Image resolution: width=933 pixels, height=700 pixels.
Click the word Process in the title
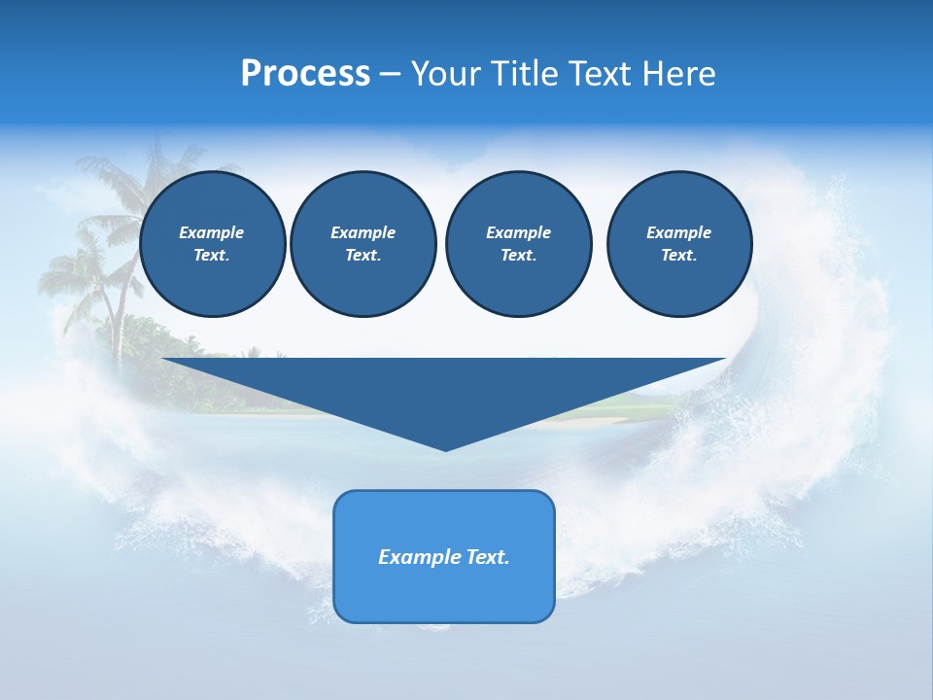tap(305, 74)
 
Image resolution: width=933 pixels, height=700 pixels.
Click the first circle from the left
tap(212, 244)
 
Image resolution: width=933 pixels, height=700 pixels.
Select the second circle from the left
tap(363, 244)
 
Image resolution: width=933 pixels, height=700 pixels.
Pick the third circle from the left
tap(518, 244)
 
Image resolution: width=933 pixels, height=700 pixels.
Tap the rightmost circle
tap(678, 244)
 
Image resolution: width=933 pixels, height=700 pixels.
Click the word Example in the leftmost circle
tap(212, 232)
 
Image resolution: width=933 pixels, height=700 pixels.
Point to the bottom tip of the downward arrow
tap(445, 449)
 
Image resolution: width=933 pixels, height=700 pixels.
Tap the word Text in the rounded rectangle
tap(488, 557)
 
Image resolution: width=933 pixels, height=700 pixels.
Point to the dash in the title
tap(390, 75)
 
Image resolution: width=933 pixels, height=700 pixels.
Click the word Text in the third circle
tap(518, 256)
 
